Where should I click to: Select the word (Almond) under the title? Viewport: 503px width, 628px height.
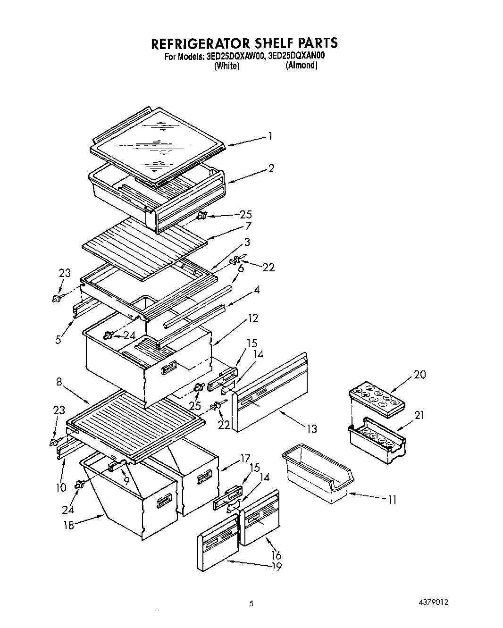pos(301,66)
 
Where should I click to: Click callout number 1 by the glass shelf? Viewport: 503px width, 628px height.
pos(270,136)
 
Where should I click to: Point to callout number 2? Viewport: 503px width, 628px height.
pos(271,168)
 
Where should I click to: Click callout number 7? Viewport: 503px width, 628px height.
pos(248,226)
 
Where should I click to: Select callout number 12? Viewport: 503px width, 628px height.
pos(253,318)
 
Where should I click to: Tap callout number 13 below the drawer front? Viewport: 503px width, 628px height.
pos(311,428)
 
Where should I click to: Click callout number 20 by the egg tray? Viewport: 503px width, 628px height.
pos(419,374)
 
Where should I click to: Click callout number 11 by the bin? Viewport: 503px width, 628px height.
pos(391,499)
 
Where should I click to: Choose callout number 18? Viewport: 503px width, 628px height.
pos(69,524)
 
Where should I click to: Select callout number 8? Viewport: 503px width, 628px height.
pos(59,382)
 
